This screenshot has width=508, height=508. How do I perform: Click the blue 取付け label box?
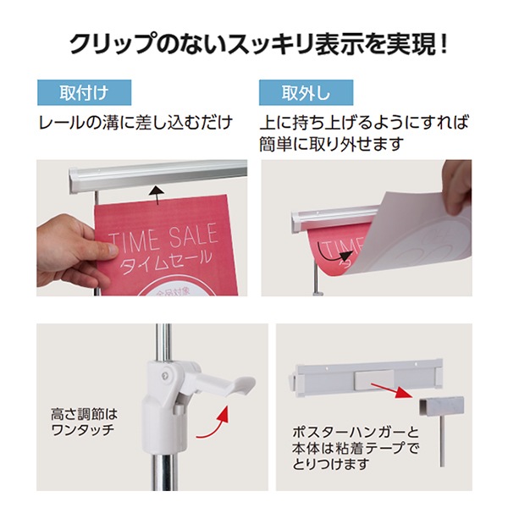tap(84, 92)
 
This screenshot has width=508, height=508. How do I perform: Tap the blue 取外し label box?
tap(306, 92)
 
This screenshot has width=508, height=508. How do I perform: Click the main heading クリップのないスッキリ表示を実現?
tap(258, 44)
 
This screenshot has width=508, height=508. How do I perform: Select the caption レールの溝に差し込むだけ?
tap(135, 123)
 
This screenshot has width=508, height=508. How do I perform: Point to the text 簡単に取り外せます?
tap(331, 144)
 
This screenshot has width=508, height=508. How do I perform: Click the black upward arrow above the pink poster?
tap(157, 195)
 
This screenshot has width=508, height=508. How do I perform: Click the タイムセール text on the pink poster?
tap(165, 262)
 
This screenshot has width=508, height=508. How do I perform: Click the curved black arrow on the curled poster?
tap(333, 252)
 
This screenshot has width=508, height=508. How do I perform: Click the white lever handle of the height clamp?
tap(224, 383)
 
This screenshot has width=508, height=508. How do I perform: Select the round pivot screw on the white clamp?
tap(166, 376)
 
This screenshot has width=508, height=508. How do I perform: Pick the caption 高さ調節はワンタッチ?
tap(84, 422)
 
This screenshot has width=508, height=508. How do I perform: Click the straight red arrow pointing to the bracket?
tap(392, 390)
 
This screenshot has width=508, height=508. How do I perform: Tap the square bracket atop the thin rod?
tap(441, 406)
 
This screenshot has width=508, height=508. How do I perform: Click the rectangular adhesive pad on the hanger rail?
tap(374, 380)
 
